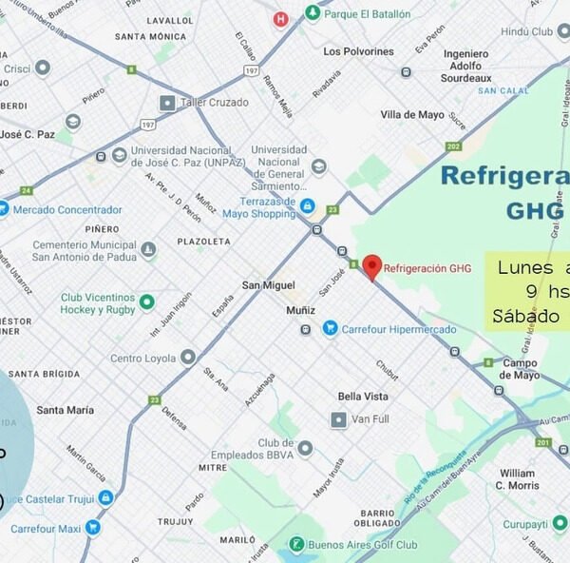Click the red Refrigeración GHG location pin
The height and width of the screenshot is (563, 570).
tap(372, 265)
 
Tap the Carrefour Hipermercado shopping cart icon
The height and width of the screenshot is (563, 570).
tap(330, 328)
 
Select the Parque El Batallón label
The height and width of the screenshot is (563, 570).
tap(367, 14)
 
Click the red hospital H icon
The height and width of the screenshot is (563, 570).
tap(280, 18)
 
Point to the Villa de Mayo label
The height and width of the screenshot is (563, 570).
tap(412, 114)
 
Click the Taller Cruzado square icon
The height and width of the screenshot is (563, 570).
tap(168, 102)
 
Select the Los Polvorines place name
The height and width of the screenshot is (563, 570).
tap(358, 51)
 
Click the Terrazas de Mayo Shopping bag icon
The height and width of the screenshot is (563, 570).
tap(307, 205)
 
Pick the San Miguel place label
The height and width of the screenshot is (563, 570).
tap(269, 285)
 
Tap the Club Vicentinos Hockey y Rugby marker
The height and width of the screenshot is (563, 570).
tap(146, 302)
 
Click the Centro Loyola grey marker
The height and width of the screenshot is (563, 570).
tap(188, 358)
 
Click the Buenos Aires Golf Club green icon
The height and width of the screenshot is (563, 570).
tap(297, 544)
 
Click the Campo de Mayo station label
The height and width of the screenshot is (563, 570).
tap(520, 369)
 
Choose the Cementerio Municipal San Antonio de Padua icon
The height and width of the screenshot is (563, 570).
tap(148, 250)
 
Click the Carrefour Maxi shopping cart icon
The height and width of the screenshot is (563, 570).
tap(92, 527)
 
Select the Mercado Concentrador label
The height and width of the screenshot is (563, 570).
tap(67, 209)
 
